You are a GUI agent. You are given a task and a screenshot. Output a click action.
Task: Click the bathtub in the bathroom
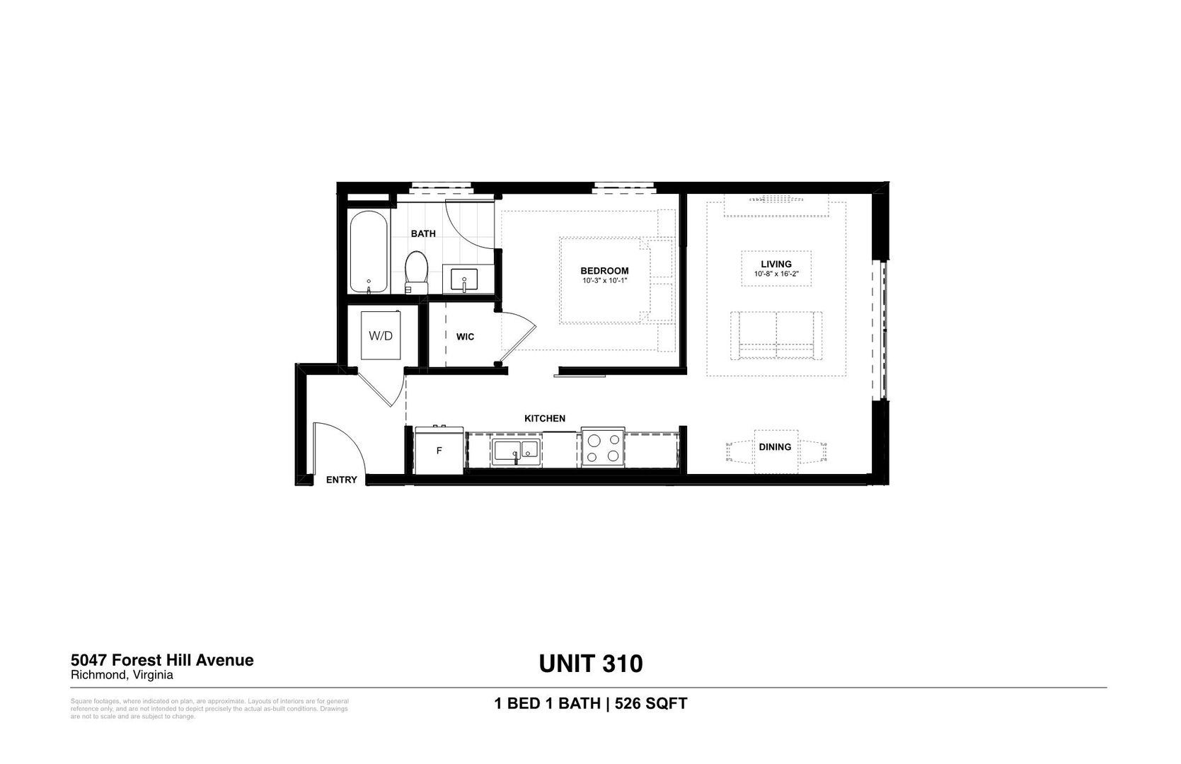pyautogui.click(x=369, y=252)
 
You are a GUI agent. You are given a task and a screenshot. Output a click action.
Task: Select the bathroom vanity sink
pyautogui.click(x=464, y=279)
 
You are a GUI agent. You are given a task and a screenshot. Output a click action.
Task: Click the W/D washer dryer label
pyautogui.click(x=380, y=335)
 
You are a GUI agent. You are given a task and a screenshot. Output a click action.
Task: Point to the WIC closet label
pyautogui.click(x=465, y=337)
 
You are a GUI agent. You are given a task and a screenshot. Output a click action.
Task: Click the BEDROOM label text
pyautogui.click(x=604, y=271)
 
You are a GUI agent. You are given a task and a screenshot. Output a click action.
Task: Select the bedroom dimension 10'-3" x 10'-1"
pyautogui.click(x=604, y=281)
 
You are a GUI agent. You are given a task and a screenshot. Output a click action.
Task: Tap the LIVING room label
pyautogui.click(x=776, y=264)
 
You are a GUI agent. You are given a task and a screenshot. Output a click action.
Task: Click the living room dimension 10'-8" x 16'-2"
pyautogui.click(x=776, y=274)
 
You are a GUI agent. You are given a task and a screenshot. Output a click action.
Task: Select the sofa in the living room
pyautogui.click(x=776, y=334)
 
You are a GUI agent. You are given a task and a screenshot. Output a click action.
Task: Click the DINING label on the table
pyautogui.click(x=775, y=447)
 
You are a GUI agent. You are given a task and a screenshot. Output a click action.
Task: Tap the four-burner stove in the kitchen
pyautogui.click(x=603, y=448)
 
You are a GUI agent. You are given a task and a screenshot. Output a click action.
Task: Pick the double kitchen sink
pyautogui.click(x=517, y=450)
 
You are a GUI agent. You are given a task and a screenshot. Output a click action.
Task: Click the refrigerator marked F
pyautogui.click(x=439, y=451)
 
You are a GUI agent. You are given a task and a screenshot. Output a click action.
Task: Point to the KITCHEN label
pyautogui.click(x=544, y=419)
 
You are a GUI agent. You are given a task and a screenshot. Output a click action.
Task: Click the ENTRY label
pyautogui.click(x=341, y=480)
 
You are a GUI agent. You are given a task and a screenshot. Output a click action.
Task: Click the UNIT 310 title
pyautogui.click(x=591, y=664)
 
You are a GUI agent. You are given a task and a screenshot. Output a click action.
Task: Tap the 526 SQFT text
pyautogui.click(x=651, y=704)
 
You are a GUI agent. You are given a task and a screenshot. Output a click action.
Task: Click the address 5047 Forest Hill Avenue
pyautogui.click(x=162, y=660)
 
